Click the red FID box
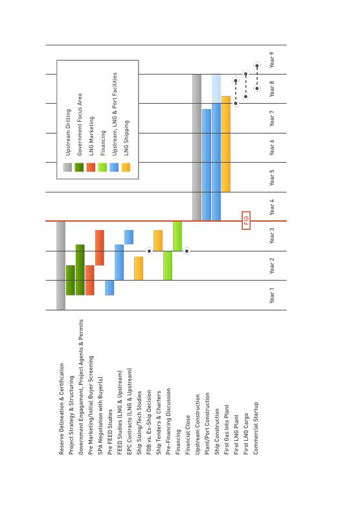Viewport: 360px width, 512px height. pos(246,220)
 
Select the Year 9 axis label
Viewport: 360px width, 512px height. pos(272,60)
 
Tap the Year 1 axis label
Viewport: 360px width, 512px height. pos(272,295)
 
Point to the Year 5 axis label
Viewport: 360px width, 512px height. pos(272,178)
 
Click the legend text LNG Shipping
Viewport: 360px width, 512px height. pos(126,138)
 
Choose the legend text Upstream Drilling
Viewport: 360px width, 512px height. pos(68,132)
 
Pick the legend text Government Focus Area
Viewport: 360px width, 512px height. pos(80,124)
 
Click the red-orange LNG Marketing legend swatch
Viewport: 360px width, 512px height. pos(91,167)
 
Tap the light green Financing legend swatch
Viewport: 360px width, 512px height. pos(102,167)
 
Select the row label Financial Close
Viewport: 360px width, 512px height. pos(188,435)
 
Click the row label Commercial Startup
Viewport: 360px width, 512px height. pos(256,428)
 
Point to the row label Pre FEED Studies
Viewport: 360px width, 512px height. pos(110,432)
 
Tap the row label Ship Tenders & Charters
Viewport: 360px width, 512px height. pos(159,423)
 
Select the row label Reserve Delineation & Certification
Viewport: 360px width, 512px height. pos(62,409)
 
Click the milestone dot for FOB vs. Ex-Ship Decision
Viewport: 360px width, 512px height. pos(149,251)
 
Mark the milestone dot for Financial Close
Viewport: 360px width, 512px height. pos(186,251)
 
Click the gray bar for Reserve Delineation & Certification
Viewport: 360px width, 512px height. pos(61,266)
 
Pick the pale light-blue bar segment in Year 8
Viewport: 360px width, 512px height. pos(216,89)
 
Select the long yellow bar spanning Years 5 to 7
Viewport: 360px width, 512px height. pos(226,144)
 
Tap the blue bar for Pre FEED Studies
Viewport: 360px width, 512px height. pos(109,288)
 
